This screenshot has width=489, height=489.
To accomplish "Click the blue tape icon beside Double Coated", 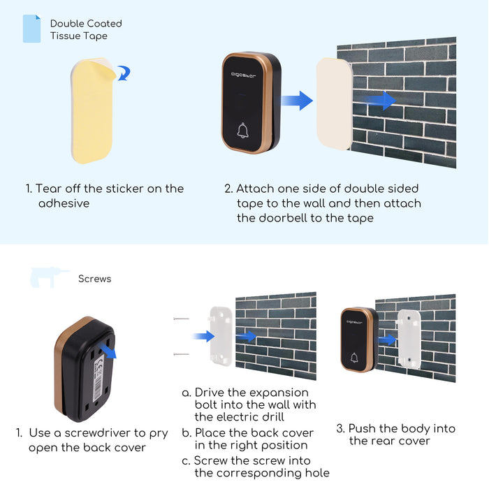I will point(31,29).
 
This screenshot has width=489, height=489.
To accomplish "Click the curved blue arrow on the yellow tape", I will point(124,73).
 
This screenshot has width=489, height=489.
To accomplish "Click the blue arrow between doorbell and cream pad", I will point(297,100).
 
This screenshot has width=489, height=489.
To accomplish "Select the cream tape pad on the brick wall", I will point(333,103).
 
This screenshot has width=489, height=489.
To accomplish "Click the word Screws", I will point(95,279).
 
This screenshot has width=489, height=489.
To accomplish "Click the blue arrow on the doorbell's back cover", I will point(109,347).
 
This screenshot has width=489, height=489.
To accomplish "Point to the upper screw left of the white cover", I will point(182,319).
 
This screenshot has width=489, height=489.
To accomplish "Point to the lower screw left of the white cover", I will point(182,355).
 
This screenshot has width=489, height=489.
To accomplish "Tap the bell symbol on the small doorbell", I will point(354,358).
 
